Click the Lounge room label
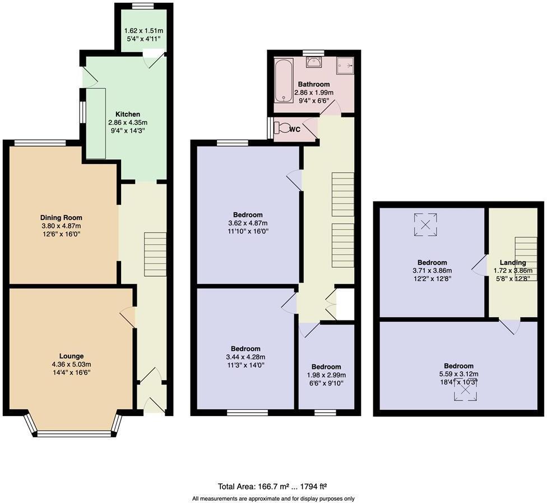72,356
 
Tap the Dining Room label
61,218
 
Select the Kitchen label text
128,114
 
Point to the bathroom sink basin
313,62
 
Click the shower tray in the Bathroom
345,66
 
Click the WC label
295,130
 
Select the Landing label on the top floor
513,262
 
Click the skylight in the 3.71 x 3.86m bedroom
425,225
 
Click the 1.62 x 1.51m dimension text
143,31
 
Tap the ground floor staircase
155,254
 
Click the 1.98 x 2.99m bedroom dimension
326,375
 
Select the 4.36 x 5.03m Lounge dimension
72,364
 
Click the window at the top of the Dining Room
39,143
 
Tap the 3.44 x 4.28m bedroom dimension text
245,357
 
